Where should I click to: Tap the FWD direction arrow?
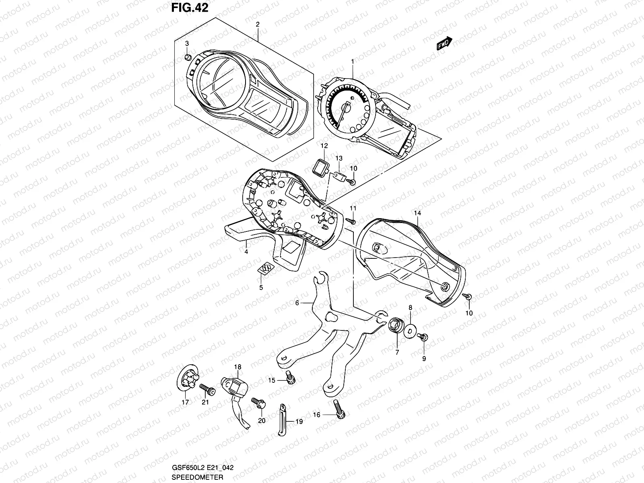pyautogui.click(x=445, y=43)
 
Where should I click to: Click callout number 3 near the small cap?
pyautogui.click(x=187, y=43)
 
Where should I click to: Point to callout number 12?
pyautogui.click(x=324, y=145)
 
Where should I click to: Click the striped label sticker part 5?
pyautogui.click(x=265, y=268)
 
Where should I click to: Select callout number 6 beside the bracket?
pyautogui.click(x=297, y=303)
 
